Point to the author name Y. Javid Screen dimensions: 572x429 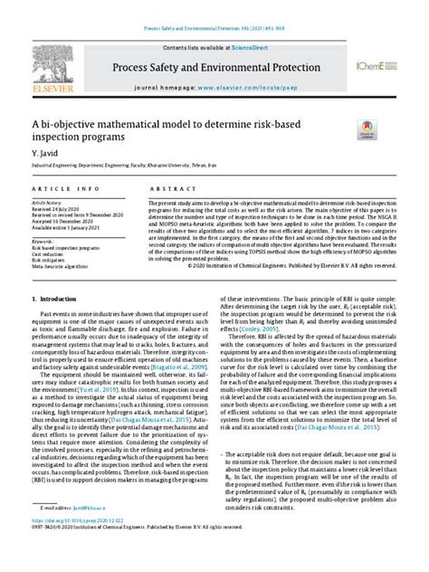tap(43, 156)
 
